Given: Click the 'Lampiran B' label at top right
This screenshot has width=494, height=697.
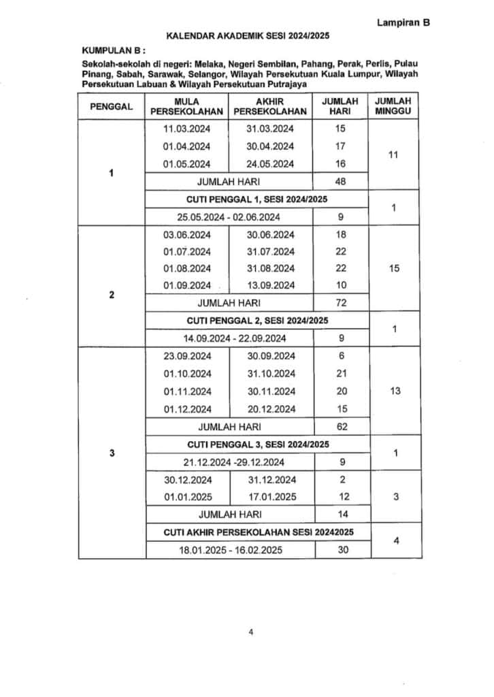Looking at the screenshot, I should [404, 22].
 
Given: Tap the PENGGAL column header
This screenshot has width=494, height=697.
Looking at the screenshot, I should [112, 106].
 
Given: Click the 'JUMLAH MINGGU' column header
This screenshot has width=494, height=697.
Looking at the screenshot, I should [393, 106].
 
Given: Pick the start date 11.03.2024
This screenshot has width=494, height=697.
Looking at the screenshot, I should [187, 128].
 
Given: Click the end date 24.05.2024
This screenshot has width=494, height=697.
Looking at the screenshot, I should [270, 164].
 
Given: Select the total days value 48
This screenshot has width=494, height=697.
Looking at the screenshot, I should [341, 182].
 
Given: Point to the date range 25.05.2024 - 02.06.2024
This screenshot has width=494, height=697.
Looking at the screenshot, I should [230, 217].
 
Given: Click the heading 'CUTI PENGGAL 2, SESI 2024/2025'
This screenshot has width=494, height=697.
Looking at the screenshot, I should [257, 320].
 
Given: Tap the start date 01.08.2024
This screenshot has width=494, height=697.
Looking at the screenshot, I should [187, 268].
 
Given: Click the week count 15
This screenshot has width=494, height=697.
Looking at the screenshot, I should [393, 268].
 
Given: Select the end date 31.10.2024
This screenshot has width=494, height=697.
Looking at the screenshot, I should [271, 374].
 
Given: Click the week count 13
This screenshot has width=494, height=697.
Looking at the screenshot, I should [393, 391].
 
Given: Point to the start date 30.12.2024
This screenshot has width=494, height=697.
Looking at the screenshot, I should [188, 479].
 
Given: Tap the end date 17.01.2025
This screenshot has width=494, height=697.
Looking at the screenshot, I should [271, 497].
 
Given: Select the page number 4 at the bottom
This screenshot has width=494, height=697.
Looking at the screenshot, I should [251, 632].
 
